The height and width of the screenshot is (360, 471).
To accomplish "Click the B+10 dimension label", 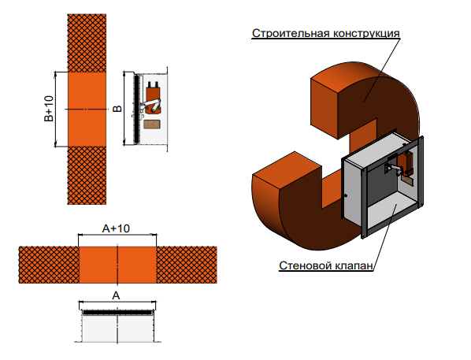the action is [x=49, y=109].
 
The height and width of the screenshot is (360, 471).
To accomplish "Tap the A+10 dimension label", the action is [x=116, y=228].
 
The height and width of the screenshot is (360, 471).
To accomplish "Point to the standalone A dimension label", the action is [x=116, y=295].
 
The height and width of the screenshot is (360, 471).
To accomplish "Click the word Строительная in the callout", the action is [x=291, y=33].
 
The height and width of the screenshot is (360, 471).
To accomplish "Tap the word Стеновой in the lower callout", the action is [x=305, y=265].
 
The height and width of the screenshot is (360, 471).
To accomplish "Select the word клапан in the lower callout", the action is [x=354, y=266].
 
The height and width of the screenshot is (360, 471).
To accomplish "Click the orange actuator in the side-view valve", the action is [x=154, y=98].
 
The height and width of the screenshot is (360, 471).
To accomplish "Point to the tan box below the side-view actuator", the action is [x=152, y=124].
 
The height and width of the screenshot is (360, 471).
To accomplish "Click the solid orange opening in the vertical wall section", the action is [x=87, y=109].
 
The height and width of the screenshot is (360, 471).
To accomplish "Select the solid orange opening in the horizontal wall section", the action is [x=117, y=265].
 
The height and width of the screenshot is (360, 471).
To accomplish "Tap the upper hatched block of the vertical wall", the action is [x=87, y=43].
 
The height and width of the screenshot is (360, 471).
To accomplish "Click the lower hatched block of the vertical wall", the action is [x=87, y=176].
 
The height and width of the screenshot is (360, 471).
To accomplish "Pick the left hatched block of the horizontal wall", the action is [x=49, y=265].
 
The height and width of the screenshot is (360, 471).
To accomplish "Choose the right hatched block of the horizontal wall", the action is [x=187, y=265].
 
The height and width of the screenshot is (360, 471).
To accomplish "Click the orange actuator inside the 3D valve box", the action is [x=406, y=163].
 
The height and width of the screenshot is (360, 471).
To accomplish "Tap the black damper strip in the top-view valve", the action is [x=117, y=313].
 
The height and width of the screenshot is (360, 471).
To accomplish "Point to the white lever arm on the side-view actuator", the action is [x=150, y=106].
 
